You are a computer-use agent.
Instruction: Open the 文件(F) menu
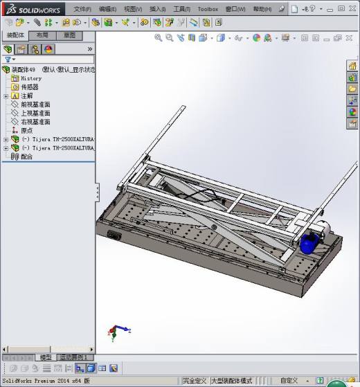(82, 9)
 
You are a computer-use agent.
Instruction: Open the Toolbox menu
(208, 9)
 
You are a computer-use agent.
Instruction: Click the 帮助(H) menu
(262, 9)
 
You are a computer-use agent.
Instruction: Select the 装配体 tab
(15, 35)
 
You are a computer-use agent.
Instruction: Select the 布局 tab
(42, 35)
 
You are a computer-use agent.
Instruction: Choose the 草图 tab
(69, 35)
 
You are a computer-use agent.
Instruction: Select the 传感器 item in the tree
(29, 87)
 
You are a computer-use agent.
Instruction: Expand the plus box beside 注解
(6, 96)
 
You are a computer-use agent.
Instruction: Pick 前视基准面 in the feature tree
(35, 105)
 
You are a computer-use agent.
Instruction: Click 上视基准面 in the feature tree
(35, 113)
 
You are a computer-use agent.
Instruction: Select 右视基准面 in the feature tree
(35, 122)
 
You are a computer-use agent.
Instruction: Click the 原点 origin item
(27, 130)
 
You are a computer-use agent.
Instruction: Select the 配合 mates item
(26, 156)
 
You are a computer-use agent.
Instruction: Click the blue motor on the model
(309, 243)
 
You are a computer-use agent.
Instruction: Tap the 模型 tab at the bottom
(46, 357)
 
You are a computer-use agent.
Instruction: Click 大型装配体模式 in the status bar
(231, 381)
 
